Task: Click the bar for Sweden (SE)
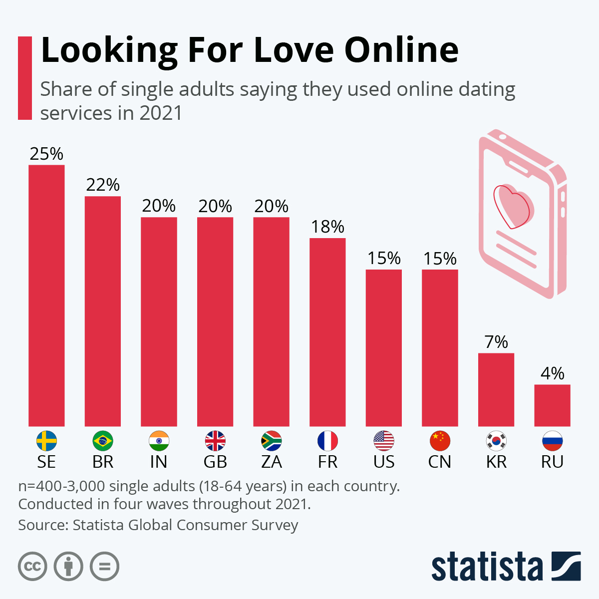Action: [x=46, y=295]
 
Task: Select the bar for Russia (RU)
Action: [x=552, y=405]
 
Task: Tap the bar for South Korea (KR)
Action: [x=496, y=389]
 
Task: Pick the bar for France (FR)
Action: [x=327, y=331]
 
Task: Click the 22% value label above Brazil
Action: [x=103, y=185]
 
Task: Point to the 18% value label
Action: [x=327, y=227]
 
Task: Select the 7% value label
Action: [x=496, y=342]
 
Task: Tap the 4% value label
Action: [x=552, y=373]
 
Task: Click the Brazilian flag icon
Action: [x=103, y=441]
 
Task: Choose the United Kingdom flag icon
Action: [x=215, y=441]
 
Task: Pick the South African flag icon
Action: [x=272, y=441]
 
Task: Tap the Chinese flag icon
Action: [x=440, y=441]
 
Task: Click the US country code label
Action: [x=384, y=462]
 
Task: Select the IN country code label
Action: [x=159, y=462]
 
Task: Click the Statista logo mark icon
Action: [x=566, y=566]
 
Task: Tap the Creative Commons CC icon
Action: [x=32, y=567]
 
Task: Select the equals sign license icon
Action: [x=104, y=567]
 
